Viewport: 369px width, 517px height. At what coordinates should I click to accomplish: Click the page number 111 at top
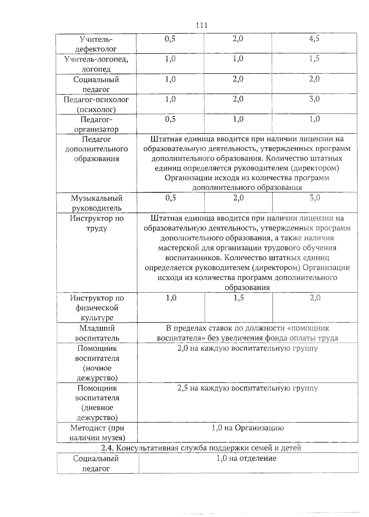click(x=201, y=25)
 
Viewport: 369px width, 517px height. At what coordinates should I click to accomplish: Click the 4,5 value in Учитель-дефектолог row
click(x=314, y=39)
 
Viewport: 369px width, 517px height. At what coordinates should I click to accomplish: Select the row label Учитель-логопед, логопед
click(x=96, y=64)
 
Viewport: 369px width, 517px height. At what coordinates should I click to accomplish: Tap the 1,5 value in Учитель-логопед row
click(x=314, y=59)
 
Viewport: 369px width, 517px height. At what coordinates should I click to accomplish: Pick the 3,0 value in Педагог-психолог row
click(x=314, y=99)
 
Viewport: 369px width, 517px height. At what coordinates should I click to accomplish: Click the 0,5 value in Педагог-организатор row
click(x=170, y=119)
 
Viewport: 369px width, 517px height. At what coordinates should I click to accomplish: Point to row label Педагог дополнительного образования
click(x=96, y=149)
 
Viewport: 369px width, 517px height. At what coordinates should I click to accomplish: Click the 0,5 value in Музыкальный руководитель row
click(x=171, y=198)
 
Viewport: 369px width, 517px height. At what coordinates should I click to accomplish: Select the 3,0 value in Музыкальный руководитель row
click(x=315, y=198)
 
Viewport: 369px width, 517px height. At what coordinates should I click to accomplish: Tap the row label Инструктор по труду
click(x=97, y=223)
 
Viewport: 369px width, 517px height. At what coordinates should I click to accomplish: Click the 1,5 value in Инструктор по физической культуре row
click(x=239, y=298)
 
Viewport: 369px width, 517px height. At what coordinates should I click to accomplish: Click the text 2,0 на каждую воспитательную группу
click(x=247, y=348)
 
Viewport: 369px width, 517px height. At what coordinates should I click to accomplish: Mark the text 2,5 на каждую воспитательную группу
click(x=247, y=388)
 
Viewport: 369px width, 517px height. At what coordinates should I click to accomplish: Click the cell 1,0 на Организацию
click(x=248, y=428)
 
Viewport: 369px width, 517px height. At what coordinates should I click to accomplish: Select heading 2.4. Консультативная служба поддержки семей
click(x=201, y=448)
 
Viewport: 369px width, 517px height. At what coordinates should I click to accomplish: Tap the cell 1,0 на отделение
click(x=246, y=458)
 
